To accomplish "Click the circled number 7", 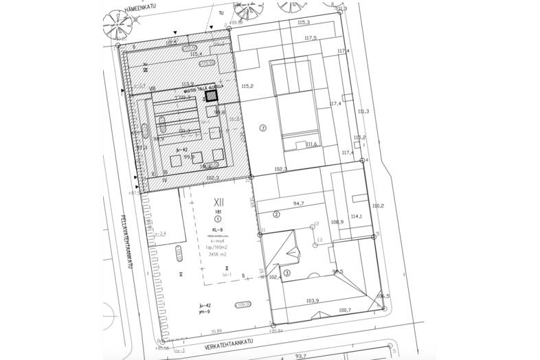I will (262, 128).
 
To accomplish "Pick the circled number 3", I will (287, 272).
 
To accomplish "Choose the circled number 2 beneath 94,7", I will (276, 214).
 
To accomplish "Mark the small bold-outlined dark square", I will (212, 97).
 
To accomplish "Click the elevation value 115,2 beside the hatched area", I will (249, 86).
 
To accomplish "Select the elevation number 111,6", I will (310, 144).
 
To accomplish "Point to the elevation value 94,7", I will (298, 204).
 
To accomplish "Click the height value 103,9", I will (313, 300).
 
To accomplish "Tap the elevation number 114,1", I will (356, 216).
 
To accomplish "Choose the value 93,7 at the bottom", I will (300, 356).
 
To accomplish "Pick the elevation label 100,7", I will (344, 310).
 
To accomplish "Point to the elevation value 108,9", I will (337, 221).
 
